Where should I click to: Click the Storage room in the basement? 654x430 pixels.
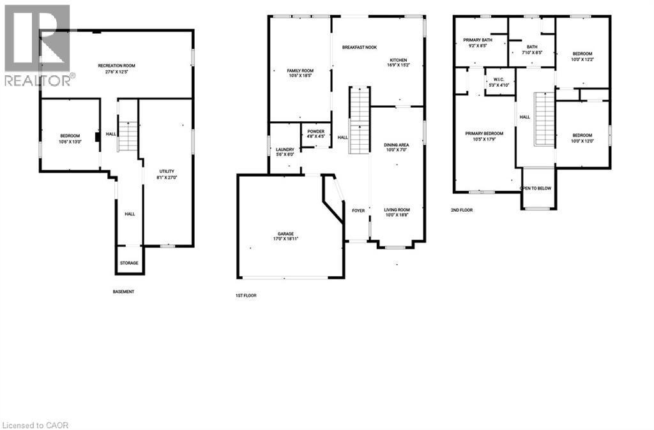pos(129,263)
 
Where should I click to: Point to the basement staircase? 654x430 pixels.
pos(128,136)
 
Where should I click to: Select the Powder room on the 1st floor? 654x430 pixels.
pos(316,134)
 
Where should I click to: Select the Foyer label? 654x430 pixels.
pos(358,211)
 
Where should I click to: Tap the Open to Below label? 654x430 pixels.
pos(536,189)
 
